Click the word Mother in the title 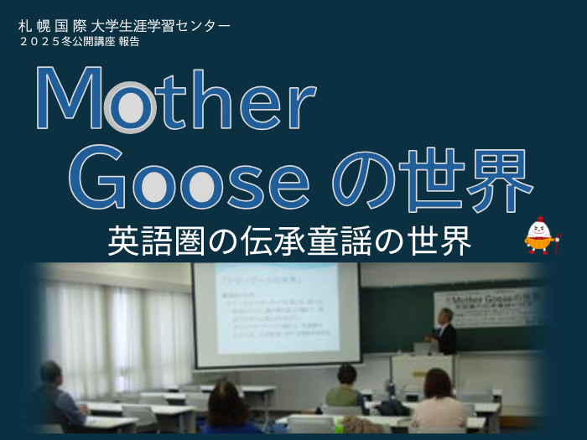coord(176,99)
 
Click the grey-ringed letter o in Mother coord(130,109)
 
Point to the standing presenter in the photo coord(444,332)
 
